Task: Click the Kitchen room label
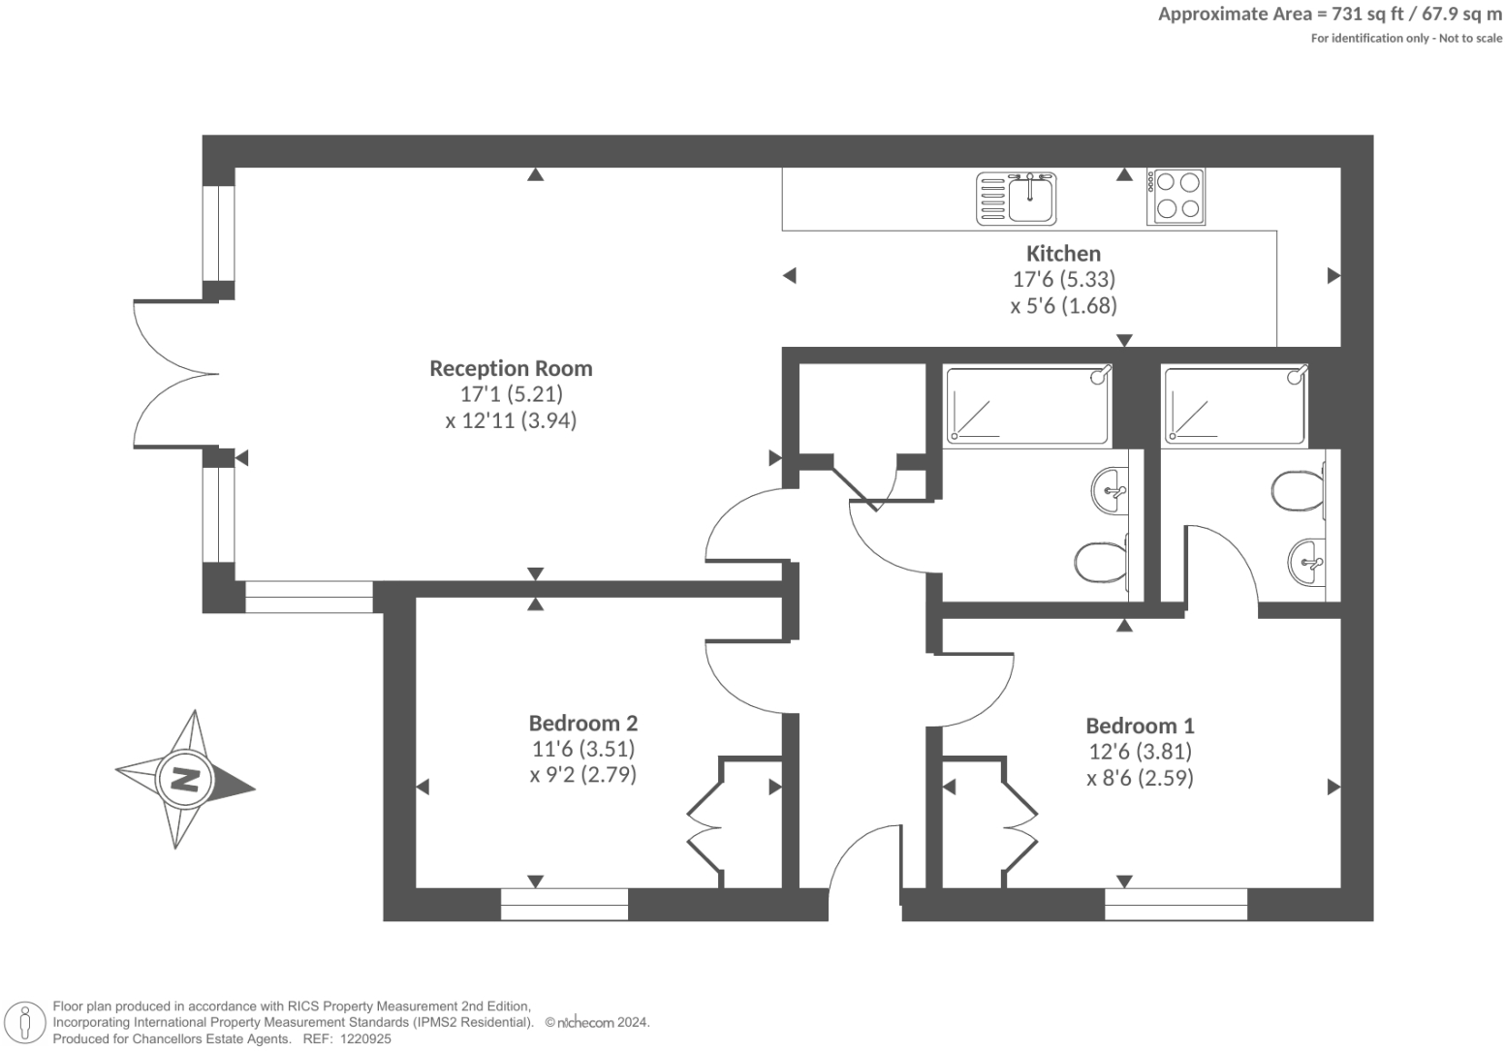(1063, 254)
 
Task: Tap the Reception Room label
(511, 368)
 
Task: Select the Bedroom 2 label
(582, 723)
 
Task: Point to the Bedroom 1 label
(1140, 726)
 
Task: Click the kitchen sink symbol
(1019, 199)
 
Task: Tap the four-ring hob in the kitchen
(1176, 196)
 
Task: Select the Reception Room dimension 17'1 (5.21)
(511, 394)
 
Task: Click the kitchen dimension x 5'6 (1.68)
(1063, 306)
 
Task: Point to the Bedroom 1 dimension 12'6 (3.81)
(1140, 752)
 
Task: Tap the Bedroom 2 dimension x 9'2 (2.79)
(582, 775)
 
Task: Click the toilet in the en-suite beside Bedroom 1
(1299, 492)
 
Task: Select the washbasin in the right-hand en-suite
(1307, 561)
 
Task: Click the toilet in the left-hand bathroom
(1099, 561)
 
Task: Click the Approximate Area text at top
(1330, 14)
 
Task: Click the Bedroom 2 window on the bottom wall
(564, 905)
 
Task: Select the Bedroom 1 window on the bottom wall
(1176, 905)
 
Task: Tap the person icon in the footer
(25, 1023)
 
